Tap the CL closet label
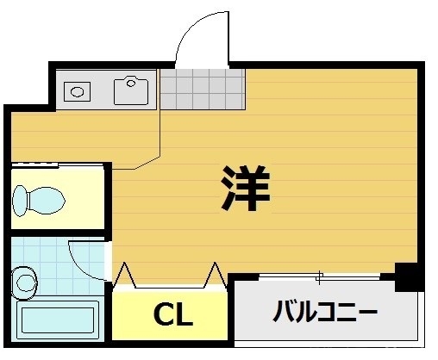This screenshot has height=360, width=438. (x=172, y=315)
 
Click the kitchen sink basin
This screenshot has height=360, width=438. (x=132, y=89)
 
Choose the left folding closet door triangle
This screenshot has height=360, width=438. (x=125, y=274)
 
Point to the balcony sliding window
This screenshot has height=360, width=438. (x=319, y=276)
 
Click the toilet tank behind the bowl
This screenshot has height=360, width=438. (x=20, y=201)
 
